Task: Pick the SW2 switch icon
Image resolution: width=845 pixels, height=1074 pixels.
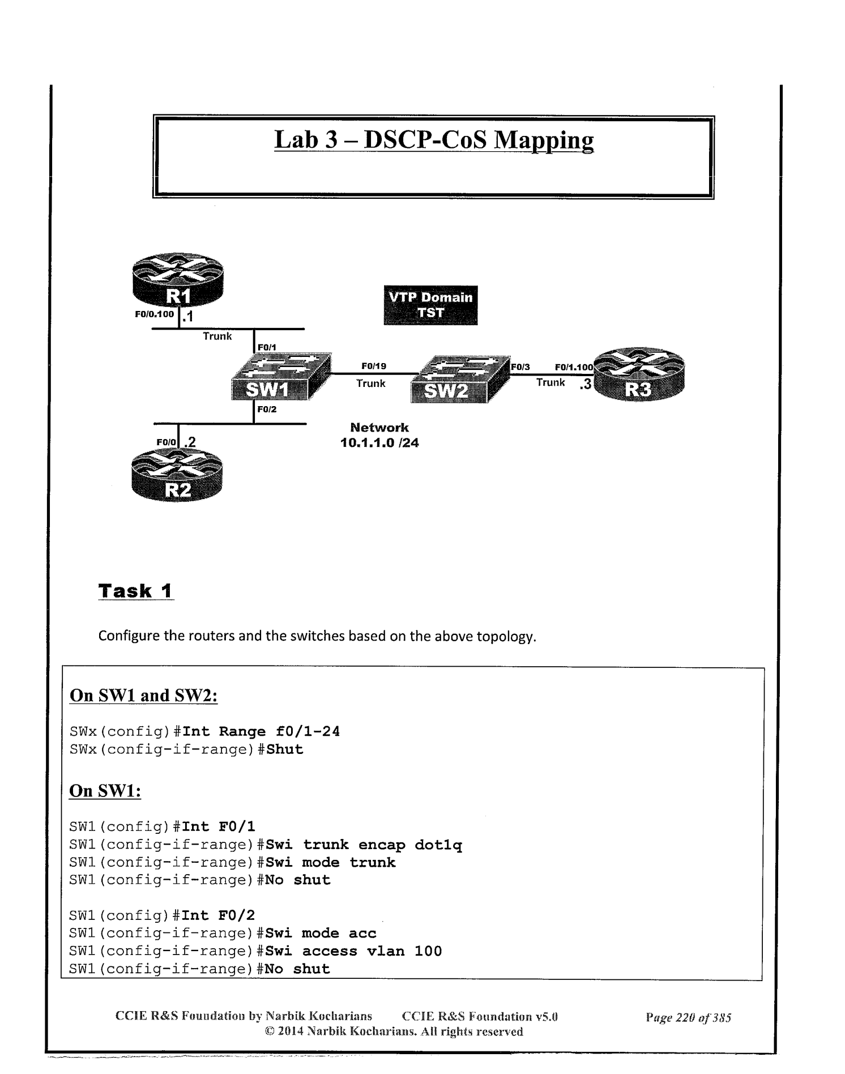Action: coord(456,380)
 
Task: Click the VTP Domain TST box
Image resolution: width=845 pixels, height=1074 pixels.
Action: coord(430,305)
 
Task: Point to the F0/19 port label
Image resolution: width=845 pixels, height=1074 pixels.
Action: coord(374,366)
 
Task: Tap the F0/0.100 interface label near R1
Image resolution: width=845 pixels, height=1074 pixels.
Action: coord(154,314)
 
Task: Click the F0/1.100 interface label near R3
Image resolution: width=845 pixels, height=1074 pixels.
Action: coord(573,367)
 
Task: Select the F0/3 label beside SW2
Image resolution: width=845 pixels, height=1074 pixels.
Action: coord(520,367)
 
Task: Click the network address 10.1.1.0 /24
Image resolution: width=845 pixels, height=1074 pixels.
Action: coord(379,443)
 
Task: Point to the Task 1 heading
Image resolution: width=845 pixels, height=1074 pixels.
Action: coord(135,591)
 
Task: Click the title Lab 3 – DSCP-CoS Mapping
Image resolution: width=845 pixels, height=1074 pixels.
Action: coord(434,140)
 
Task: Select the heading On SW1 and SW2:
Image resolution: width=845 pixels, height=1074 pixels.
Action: coord(143,695)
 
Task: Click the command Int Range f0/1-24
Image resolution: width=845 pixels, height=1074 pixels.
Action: coord(261,731)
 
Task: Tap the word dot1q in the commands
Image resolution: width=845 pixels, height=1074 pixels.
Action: coord(438,845)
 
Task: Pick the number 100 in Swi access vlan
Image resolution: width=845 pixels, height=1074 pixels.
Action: coord(428,951)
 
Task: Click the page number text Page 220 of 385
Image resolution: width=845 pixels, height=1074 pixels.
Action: coord(688,1017)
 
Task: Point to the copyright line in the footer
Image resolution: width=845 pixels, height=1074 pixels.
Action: coord(394,1032)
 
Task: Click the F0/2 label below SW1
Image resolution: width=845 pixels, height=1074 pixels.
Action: coord(267,409)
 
